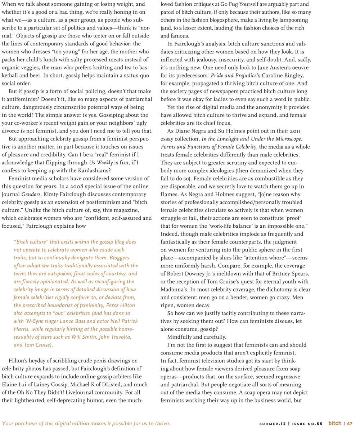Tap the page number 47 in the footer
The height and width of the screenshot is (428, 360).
350,424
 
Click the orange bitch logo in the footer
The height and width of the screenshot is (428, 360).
334,423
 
